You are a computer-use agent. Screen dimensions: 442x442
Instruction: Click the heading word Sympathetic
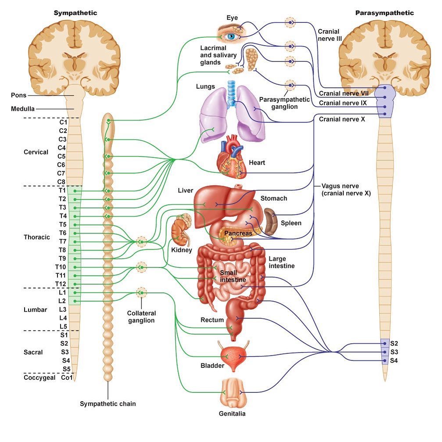[75, 13]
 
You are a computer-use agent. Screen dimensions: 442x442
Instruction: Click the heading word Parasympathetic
[384, 13]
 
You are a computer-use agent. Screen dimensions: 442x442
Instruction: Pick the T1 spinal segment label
[62, 190]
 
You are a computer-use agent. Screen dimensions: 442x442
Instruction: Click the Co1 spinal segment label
[67, 377]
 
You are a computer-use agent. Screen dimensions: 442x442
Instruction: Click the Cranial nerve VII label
[344, 93]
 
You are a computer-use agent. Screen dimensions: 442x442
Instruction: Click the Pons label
[18, 95]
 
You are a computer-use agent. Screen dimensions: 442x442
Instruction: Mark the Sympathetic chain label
[108, 404]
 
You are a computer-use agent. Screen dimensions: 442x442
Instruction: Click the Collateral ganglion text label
[141, 317]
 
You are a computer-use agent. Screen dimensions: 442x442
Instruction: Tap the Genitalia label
[232, 413]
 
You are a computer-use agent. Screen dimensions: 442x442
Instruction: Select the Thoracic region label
[37, 237]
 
